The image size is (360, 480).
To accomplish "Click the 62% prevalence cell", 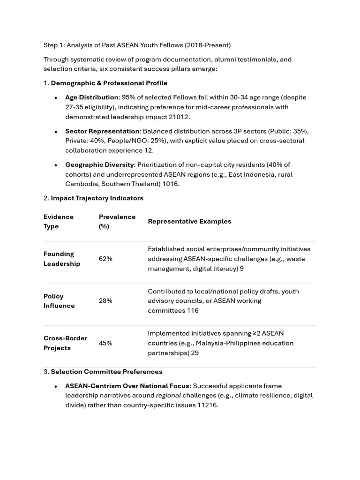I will coord(105,259).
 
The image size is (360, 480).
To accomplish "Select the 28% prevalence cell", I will coord(105,301).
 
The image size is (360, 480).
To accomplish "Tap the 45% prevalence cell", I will coord(105,343).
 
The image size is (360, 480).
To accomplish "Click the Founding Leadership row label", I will coord(62,259).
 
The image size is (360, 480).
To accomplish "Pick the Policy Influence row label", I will coord(59,301).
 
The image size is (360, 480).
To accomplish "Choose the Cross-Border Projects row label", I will coord(65,343).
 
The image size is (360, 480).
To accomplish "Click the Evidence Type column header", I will coord(59,221).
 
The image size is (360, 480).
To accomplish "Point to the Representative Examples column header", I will coord(189,221).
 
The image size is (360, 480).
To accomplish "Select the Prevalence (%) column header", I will coord(117,221).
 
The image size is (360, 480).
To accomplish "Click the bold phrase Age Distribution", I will coord(91,97).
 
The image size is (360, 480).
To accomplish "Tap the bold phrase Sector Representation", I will coord(102,131).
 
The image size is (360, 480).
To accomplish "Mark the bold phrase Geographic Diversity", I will coord(99,165).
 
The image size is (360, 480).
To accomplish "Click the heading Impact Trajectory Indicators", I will coord(97,198).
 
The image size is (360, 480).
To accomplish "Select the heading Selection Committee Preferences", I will coord(106,372).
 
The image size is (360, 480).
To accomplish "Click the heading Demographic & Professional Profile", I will coord(109,83).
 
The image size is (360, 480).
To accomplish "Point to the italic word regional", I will coord(168,396).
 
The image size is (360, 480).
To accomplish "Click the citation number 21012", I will coord(180,117).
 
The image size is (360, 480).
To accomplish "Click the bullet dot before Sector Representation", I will coord(56,132).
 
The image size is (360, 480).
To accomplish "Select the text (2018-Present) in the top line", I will coord(208,45).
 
